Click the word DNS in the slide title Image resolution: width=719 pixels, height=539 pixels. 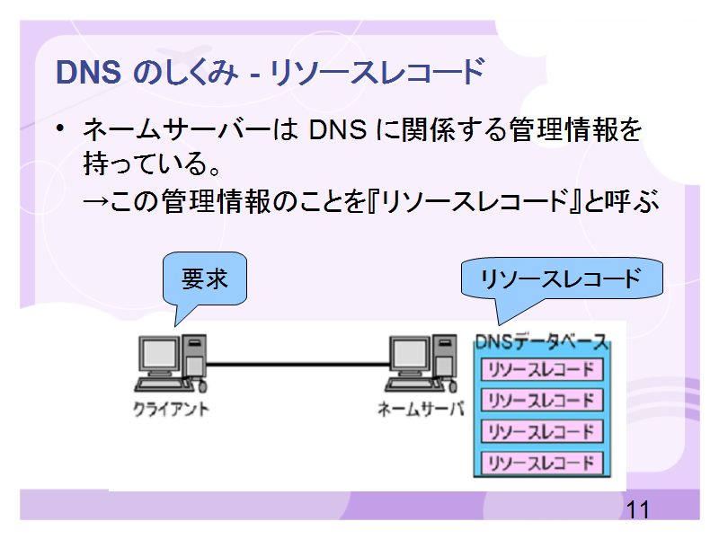88,73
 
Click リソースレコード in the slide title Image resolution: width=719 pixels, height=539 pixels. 377,73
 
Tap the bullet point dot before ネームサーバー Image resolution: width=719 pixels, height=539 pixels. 59,128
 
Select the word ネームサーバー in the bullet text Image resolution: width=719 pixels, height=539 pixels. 177,129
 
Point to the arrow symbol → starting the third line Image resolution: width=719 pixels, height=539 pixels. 95,201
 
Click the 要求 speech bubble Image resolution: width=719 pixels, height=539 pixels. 204,279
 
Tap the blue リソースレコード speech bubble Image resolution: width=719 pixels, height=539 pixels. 562,279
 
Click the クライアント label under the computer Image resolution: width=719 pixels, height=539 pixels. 171,409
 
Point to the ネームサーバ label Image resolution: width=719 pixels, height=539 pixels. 421,409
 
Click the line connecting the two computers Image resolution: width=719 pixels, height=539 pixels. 297,365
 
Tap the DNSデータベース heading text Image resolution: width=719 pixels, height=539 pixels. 542,342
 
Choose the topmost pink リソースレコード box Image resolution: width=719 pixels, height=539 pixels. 542,370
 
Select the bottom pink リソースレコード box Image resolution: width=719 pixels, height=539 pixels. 542,464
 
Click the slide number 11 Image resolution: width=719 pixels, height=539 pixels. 638,509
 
